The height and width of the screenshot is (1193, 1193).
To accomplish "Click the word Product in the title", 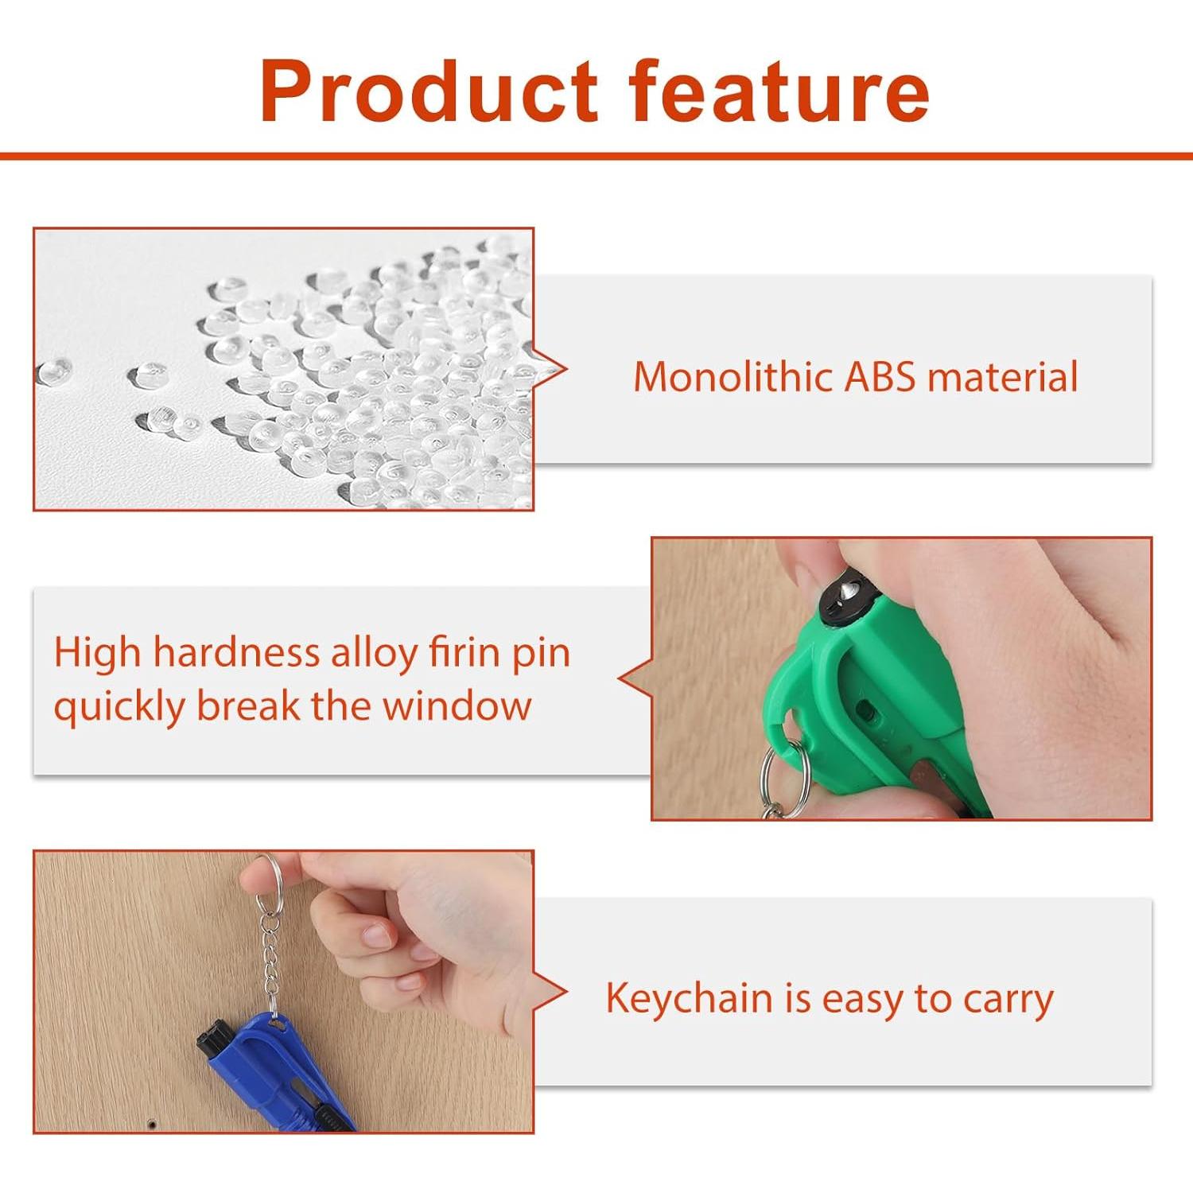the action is (429, 91).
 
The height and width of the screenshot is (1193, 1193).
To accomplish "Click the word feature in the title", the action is (779, 91).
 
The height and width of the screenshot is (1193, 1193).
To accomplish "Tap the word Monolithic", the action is (732, 376).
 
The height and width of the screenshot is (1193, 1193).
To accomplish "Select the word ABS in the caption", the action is (880, 377).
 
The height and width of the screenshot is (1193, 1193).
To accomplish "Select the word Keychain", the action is (690, 999).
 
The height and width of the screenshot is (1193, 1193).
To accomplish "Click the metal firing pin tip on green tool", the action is (849, 589).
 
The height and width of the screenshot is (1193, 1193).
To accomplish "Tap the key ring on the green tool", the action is (785, 775).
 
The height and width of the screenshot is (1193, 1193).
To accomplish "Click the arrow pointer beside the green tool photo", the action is (635, 680).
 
